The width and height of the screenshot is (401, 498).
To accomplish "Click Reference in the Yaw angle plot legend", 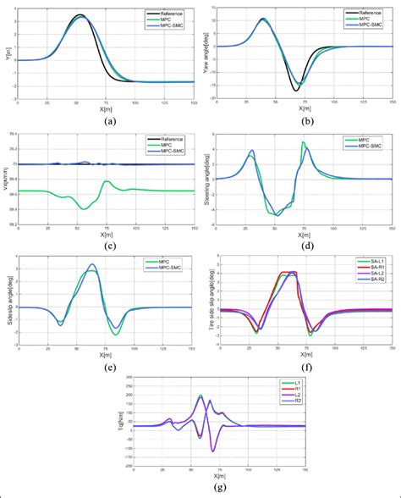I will pyautogui.click(x=367, y=13).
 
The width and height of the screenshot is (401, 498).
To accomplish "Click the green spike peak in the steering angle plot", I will pyautogui.click(x=303, y=143).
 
